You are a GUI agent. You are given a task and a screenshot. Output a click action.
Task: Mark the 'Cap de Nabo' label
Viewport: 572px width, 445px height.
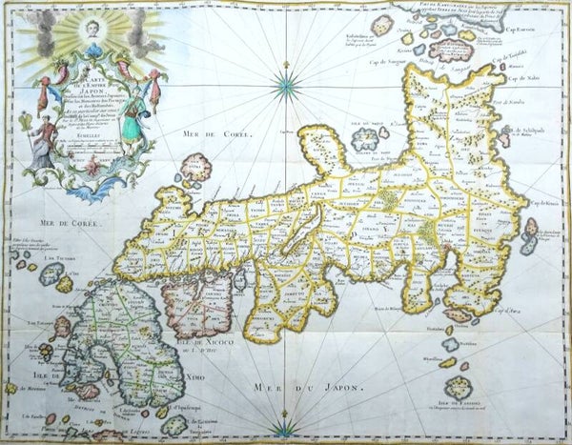[522, 76]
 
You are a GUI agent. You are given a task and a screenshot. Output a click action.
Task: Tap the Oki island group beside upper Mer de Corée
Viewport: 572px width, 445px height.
[198, 168]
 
